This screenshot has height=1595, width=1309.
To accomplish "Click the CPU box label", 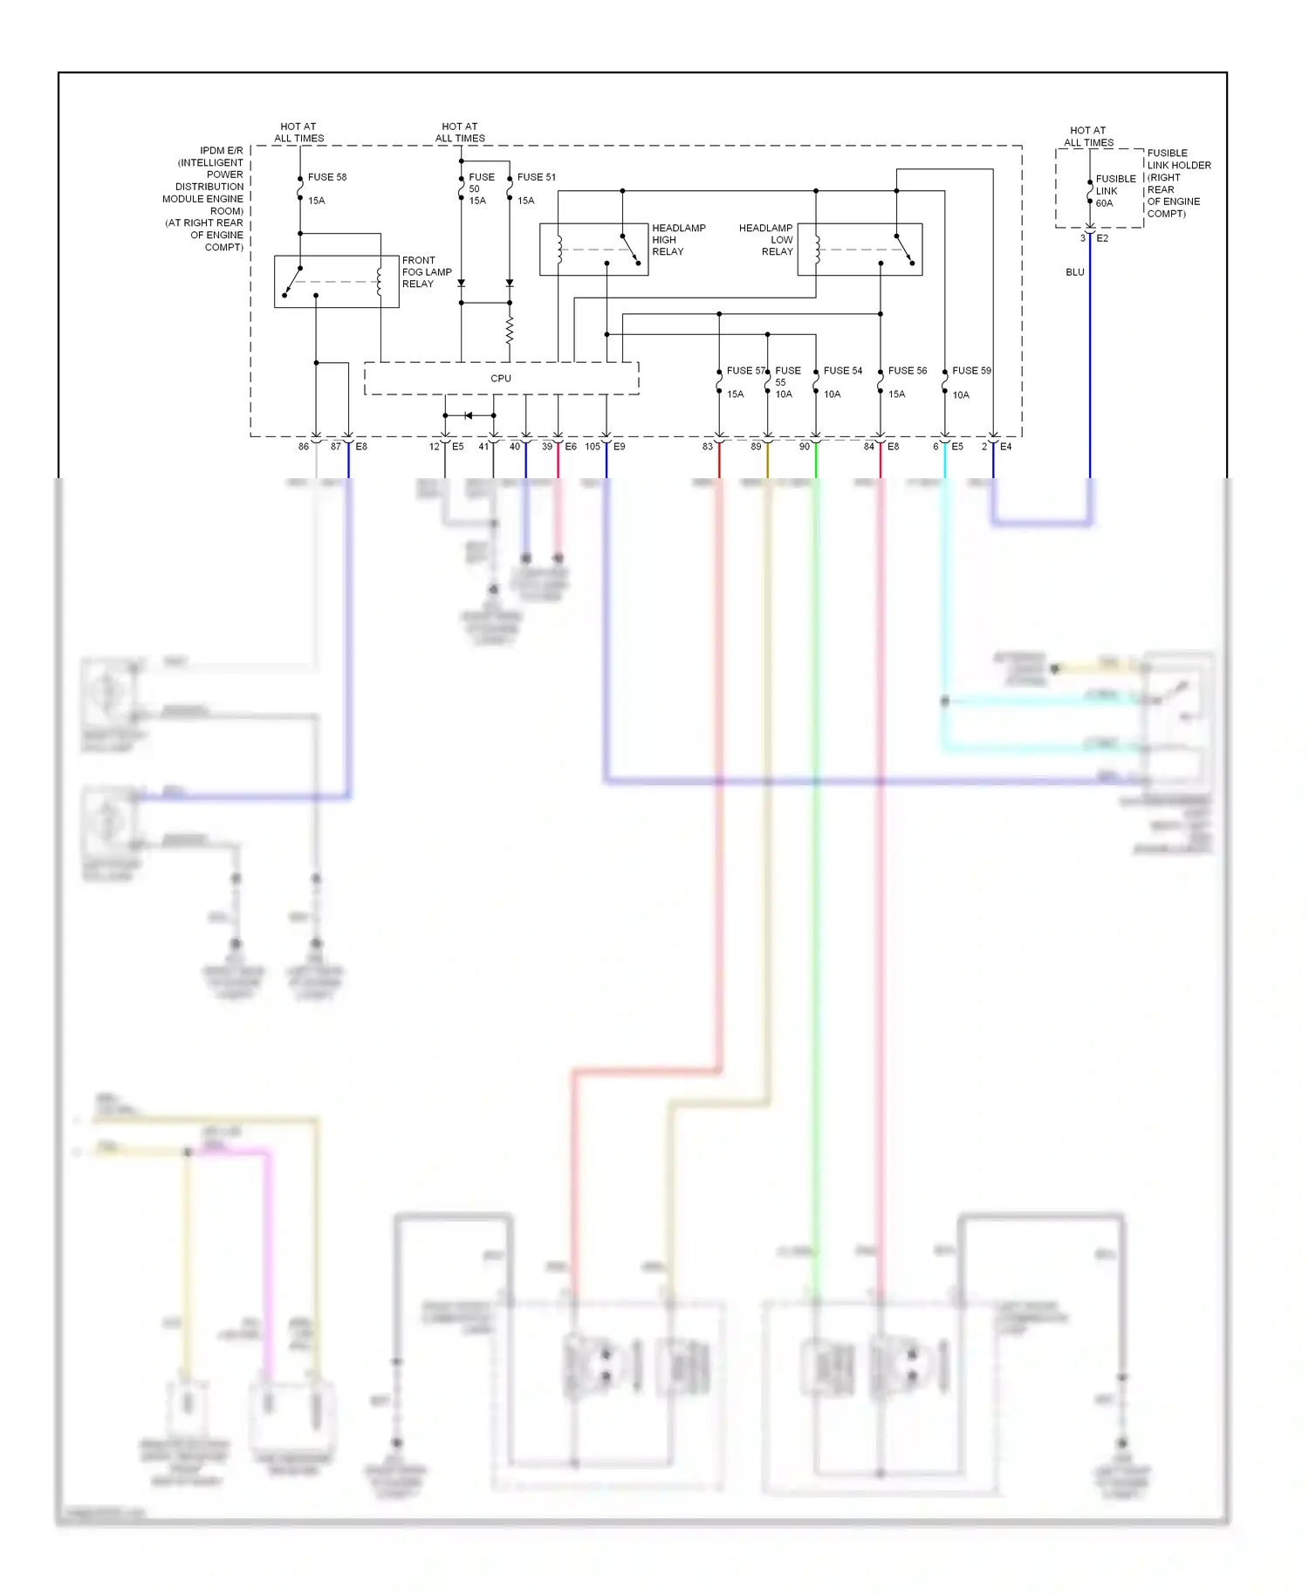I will [501, 379].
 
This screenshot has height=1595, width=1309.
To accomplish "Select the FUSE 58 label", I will [326, 177].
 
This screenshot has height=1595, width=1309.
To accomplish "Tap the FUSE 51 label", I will [536, 177].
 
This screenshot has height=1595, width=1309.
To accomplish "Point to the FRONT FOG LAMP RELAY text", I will [426, 272].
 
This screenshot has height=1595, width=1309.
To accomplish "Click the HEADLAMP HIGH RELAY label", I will [678, 240].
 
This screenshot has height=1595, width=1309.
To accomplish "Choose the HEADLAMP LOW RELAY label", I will [766, 240].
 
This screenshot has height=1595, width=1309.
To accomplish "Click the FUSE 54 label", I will [842, 371].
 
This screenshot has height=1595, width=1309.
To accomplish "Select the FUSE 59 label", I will [971, 371].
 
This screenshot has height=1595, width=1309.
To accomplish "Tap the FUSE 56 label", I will [907, 371].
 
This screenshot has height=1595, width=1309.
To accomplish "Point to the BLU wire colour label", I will [1074, 272].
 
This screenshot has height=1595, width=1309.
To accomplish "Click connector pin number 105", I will [593, 447].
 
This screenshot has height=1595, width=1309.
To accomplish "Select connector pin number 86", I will [303, 447].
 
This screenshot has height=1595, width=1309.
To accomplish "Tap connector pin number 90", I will [804, 447].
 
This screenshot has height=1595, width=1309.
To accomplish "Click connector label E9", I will [619, 447].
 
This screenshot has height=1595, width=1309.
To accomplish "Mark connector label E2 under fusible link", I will [1102, 238].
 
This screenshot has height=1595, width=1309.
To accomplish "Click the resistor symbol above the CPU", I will [510, 332].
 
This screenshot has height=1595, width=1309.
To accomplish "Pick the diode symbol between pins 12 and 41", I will [469, 415].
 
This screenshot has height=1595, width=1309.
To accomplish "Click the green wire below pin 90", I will [816, 785].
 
